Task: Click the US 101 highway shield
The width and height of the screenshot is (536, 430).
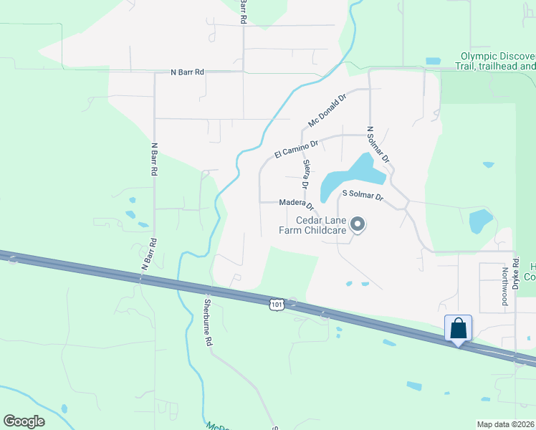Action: [x=277, y=305]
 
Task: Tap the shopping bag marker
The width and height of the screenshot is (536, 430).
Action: [x=458, y=329]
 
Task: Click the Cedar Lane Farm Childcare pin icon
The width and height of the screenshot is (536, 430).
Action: [x=357, y=226]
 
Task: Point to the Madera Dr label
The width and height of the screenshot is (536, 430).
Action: [x=297, y=204]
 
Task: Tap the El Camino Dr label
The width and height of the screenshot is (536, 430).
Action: [x=295, y=146]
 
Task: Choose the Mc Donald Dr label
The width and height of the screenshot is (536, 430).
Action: [x=327, y=109]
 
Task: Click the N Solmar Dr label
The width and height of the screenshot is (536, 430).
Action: [x=378, y=145]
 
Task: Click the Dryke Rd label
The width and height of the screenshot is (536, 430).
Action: [x=515, y=273]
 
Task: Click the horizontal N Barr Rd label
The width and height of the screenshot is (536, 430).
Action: [x=188, y=72]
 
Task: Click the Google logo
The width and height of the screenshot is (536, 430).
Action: [x=24, y=421]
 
